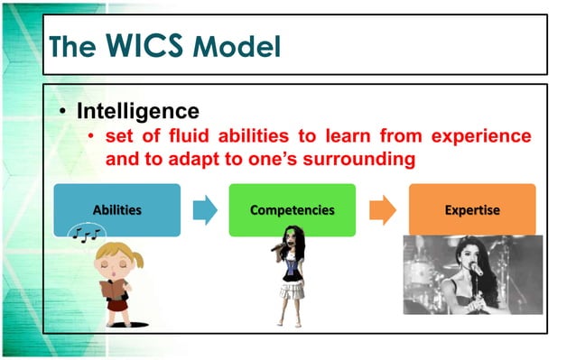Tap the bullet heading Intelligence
(136, 111)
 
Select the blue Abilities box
(116, 210)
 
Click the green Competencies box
(293, 210)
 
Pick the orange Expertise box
(471, 210)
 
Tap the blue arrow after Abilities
(206, 210)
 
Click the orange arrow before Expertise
(383, 210)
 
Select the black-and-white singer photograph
(471, 274)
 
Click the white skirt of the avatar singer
(290, 290)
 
